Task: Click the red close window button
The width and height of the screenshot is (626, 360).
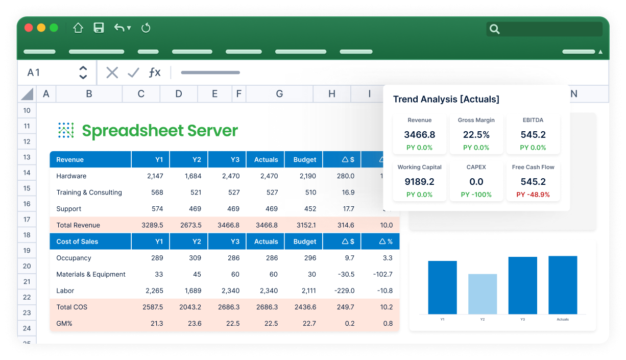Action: [29, 28]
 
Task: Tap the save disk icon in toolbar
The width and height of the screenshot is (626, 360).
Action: [99, 28]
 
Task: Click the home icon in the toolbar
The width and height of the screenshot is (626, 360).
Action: [78, 28]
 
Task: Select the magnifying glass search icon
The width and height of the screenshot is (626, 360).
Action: [494, 29]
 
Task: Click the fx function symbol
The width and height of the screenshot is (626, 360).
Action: [154, 73]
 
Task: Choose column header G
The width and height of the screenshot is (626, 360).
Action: [279, 93]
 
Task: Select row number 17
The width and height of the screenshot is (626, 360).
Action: [27, 220]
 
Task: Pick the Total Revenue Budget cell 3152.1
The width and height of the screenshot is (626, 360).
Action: [305, 225]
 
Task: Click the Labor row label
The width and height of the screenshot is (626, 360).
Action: [65, 291]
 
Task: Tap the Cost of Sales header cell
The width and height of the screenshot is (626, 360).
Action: [77, 242]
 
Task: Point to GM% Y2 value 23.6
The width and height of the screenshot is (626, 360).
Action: [195, 323]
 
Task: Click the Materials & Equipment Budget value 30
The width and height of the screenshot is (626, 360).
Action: [311, 274]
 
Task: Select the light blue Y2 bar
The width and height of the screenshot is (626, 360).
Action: [483, 294]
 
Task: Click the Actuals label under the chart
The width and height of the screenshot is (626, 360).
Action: [563, 320]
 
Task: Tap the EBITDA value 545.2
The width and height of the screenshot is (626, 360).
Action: [533, 135]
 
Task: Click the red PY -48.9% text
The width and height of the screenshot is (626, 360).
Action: [533, 195]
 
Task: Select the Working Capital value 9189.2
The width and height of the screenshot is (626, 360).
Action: [419, 182]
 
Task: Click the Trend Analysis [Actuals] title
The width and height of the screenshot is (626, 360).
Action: [446, 100]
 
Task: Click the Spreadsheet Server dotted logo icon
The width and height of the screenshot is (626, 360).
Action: [66, 131]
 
